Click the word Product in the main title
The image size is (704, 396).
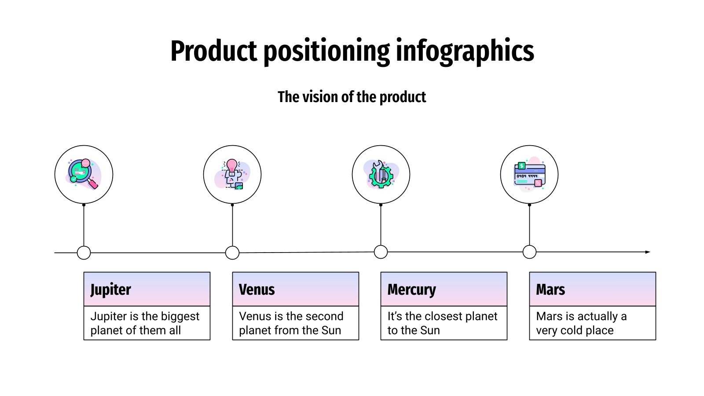(213, 51)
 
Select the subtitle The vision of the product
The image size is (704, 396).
(352, 97)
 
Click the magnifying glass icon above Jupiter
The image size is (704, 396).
(84, 174)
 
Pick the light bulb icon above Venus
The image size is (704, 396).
(232, 174)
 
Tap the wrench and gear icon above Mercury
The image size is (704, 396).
(381, 174)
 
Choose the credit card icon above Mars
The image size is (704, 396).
(529, 174)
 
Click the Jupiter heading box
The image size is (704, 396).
(147, 289)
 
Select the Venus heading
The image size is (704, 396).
(257, 290)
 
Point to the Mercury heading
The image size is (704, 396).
(411, 290)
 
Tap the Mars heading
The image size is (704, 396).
(550, 290)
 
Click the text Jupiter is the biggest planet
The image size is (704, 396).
(145, 323)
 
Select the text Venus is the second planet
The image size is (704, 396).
(291, 323)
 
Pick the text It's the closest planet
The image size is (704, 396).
(442, 323)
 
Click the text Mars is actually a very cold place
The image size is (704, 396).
(581, 323)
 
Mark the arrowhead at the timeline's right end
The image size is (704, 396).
(647, 252)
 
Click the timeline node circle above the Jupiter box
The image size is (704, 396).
(84, 253)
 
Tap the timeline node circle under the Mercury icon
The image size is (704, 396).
(381, 252)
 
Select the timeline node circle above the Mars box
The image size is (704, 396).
(529, 252)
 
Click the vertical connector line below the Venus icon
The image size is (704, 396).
(232, 225)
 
